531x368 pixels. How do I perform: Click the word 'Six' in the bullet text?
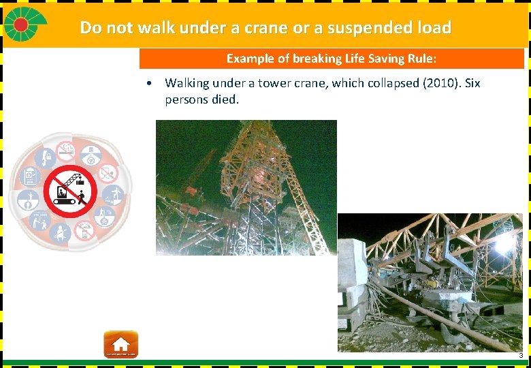pyautogui.click(x=469, y=83)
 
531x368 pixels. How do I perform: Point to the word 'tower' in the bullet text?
pyautogui.click(x=275, y=83)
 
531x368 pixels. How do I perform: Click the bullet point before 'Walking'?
pyautogui.click(x=148, y=84)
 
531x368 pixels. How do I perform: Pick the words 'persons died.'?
pyautogui.click(x=202, y=99)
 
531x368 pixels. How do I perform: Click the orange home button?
pyautogui.click(x=120, y=344)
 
